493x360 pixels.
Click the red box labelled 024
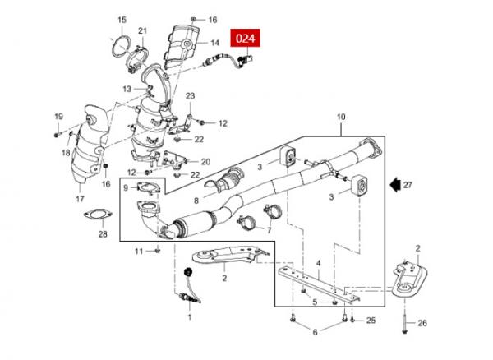point(245,38)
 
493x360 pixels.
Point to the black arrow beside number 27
point(394,185)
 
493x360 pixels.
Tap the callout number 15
point(122,20)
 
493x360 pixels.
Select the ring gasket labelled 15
point(121,47)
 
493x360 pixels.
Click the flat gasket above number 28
point(98,215)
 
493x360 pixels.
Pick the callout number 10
point(341,118)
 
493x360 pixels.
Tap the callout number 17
point(80,199)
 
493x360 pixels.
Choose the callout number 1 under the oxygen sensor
point(190,317)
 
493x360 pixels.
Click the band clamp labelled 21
point(137,59)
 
